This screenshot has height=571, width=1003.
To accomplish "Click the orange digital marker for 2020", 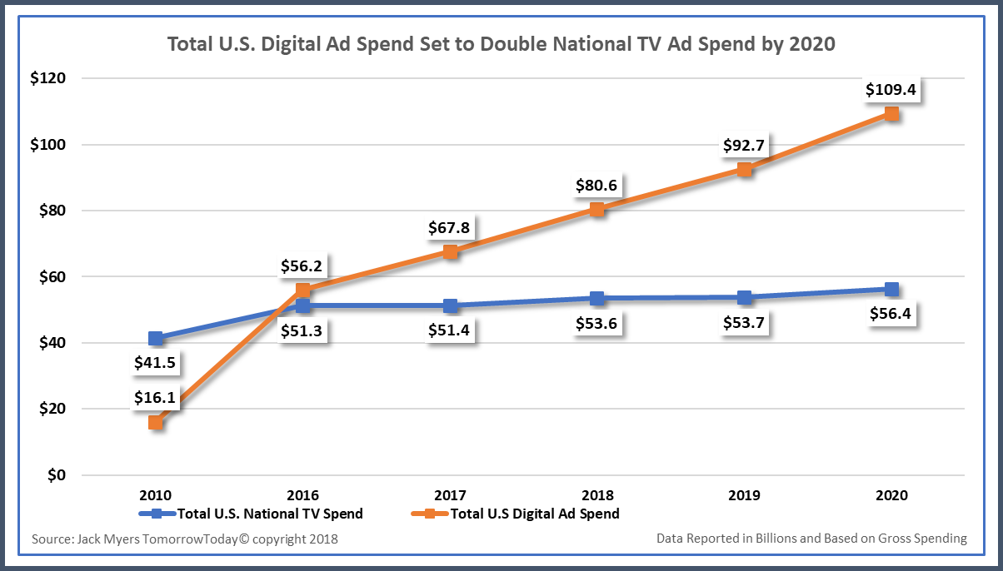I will point(891,114).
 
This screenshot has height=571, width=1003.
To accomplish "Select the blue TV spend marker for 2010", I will point(156,339).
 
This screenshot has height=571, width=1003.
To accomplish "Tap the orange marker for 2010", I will point(156,422).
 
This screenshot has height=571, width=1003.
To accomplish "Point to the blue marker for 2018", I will point(597,298).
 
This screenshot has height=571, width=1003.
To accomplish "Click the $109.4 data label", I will point(891,89).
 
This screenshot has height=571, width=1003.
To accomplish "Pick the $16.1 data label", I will point(156,398).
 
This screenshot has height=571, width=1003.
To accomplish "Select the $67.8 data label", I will point(450,227).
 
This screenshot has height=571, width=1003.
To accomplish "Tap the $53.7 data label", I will point(744,322).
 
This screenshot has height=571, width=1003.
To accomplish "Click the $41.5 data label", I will point(156,363).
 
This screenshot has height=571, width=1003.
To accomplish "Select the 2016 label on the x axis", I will point(302,494).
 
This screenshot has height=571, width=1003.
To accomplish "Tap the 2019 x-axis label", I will point(744,494).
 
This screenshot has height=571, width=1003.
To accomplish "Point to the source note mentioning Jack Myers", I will point(185,539).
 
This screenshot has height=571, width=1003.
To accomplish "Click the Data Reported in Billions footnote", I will point(811,539).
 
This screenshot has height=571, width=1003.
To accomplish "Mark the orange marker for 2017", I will point(450,251).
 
